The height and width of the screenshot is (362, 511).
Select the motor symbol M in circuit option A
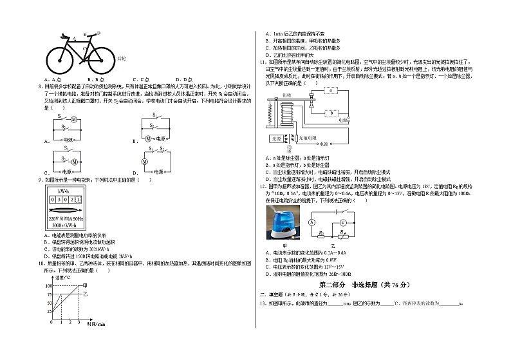click(73, 119)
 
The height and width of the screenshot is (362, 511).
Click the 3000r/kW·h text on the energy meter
click(64, 225)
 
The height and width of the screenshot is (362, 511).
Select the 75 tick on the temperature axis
click(49, 293)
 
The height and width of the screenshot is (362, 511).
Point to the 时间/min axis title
click(95, 325)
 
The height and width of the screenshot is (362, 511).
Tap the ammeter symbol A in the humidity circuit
click(310, 222)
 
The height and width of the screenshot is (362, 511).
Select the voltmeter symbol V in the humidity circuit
click(343, 221)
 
